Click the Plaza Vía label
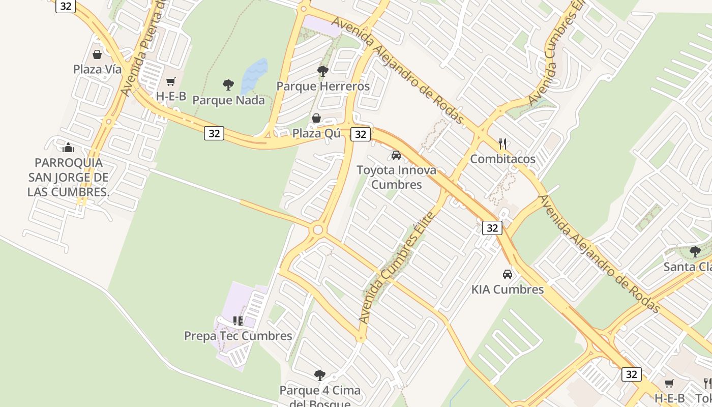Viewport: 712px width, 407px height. [x=97, y=69]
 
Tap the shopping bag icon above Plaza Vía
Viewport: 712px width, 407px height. [x=97, y=54]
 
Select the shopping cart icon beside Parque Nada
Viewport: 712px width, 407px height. [x=171, y=82]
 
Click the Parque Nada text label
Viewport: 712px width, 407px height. [x=228, y=100]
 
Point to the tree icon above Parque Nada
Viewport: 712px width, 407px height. [x=228, y=84]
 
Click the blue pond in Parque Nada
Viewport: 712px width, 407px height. [x=254, y=76]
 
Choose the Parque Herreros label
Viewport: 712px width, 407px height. [x=323, y=86]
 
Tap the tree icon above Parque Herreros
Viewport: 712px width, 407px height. [x=322, y=71]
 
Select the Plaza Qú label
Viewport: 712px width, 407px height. [x=316, y=133]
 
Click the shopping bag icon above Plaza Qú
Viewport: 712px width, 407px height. [x=316, y=118]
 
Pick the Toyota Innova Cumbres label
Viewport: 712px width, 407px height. [x=396, y=177]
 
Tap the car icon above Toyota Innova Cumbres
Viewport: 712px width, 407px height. [x=396, y=155]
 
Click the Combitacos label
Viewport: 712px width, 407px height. [x=502, y=159]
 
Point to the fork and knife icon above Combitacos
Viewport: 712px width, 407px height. [x=502, y=143]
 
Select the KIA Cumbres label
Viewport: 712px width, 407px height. [x=508, y=289]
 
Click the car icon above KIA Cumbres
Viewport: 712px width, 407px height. [x=507, y=274]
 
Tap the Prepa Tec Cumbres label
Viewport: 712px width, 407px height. [x=238, y=336]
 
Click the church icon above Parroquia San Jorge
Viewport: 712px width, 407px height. [x=68, y=148]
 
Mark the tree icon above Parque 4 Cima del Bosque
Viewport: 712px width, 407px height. [x=319, y=375]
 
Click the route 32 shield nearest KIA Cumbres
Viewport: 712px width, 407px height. [x=492, y=227]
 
